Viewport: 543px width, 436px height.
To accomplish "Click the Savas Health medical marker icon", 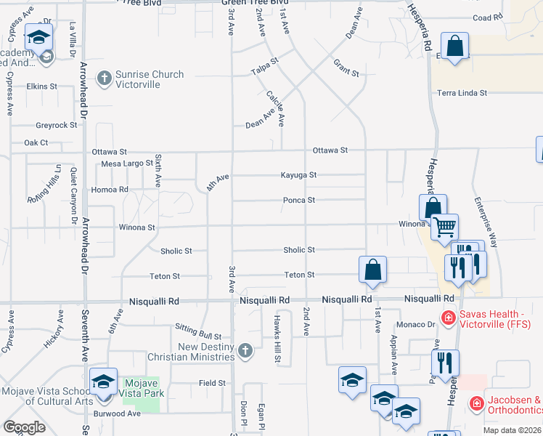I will [449, 318].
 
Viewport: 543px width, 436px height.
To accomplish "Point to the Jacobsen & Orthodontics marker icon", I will [476, 403].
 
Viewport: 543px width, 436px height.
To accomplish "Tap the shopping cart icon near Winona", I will [444, 226].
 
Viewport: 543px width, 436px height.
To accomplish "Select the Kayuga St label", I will [299, 175].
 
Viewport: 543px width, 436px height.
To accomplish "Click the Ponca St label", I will [299, 200].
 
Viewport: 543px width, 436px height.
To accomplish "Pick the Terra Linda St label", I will [462, 93].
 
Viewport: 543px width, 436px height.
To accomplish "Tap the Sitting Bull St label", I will [197, 336].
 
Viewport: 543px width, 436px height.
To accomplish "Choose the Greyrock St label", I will [57, 125].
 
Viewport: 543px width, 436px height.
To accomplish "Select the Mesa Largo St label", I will [127, 163].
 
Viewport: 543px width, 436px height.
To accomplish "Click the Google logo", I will [24, 427].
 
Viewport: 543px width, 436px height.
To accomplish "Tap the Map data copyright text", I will [513, 430].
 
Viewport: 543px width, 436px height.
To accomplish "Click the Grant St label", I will [346, 69].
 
